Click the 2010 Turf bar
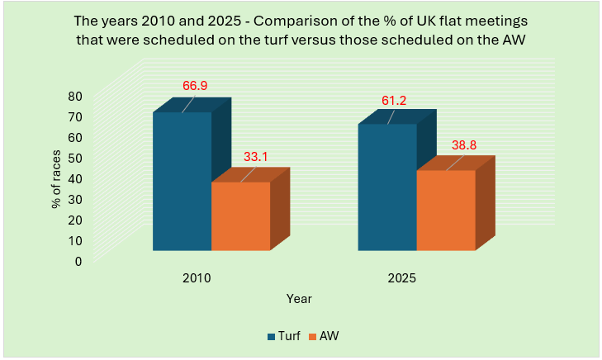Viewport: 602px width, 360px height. pos(182,181)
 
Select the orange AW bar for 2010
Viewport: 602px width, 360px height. pos(241,216)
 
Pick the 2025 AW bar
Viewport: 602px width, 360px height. pos(446,210)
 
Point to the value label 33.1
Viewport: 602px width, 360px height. pos(257,155)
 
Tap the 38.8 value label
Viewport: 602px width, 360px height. pos(462,144)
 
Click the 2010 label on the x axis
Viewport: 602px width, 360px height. pos(197,278)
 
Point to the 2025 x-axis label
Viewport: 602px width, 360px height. pos(401,278)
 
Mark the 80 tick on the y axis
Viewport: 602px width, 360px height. pos(74,96)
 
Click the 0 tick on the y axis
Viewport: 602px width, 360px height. pos(78,261)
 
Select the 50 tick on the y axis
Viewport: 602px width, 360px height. pos(74,158)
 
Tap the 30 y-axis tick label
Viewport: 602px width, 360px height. pos(74,199)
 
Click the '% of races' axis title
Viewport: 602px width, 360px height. pos(57,178)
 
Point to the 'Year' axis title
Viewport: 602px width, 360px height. pos(299,298)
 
